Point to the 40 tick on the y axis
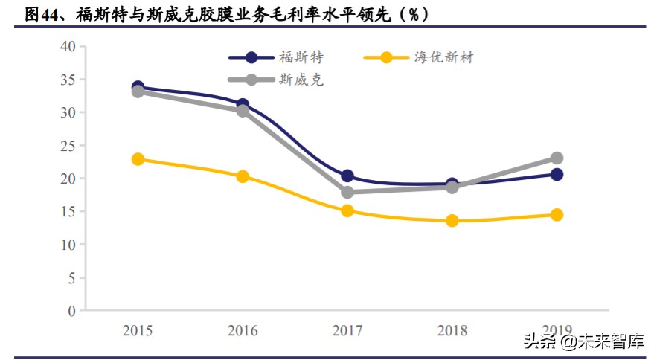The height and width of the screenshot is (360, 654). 68,46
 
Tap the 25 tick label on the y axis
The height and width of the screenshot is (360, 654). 68,146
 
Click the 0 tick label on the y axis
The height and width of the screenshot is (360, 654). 72,311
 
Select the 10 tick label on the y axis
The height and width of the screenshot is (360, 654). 68,245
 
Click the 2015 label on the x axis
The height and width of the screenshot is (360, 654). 138,330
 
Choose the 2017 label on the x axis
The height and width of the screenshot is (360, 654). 347,330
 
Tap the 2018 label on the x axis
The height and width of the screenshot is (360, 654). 452,330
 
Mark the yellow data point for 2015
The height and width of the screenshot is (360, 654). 138,159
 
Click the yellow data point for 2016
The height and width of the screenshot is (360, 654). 243,176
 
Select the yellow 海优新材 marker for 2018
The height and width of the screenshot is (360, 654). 452,221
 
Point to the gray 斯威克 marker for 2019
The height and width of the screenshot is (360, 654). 557,158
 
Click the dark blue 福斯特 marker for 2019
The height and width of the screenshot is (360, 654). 557,174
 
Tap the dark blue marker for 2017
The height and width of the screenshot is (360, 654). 347,176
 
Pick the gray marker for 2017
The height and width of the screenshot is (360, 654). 347,192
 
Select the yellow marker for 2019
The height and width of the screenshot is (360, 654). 557,215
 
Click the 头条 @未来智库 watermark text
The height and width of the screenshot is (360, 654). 583,342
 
